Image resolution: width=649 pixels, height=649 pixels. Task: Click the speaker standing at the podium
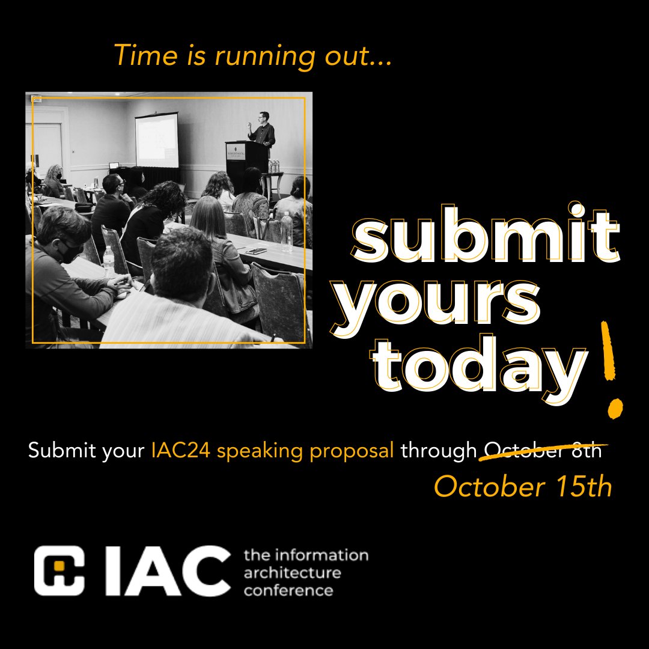(263, 129)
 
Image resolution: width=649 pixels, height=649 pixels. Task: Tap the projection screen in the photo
(156, 139)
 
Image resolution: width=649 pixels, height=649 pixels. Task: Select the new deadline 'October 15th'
(523, 487)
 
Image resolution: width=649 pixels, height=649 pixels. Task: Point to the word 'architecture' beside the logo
(292, 572)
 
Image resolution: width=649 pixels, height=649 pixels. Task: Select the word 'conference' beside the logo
(288, 590)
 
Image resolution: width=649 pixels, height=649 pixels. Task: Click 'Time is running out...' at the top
(253, 56)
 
